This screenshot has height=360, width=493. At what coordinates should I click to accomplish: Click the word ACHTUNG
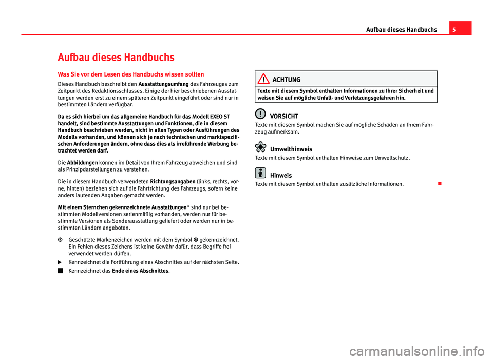pyautogui.click(x=287, y=80)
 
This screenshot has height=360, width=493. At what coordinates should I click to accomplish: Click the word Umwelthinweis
pyautogui.click(x=291, y=149)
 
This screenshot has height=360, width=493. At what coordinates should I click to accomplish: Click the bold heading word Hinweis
pyautogui.click(x=280, y=175)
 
